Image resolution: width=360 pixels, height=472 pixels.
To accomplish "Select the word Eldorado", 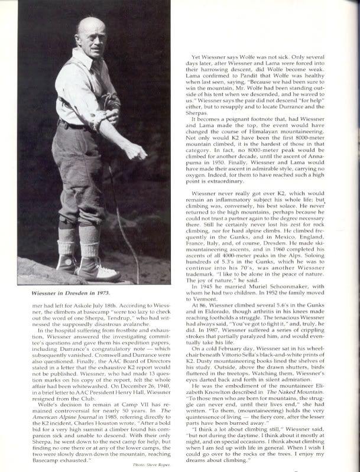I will [x=225, y=321].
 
